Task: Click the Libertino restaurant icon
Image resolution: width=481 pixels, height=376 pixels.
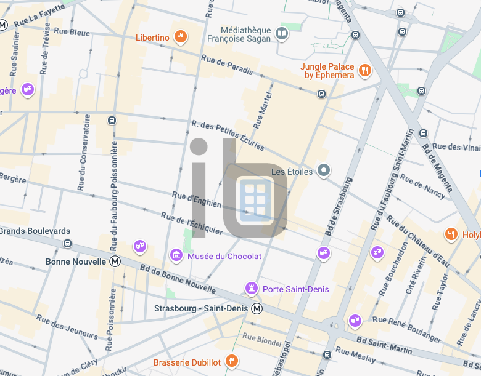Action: point(181,38)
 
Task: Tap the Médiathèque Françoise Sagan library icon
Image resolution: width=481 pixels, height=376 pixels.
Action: point(282,33)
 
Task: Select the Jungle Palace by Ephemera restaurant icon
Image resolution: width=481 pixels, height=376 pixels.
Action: point(365,70)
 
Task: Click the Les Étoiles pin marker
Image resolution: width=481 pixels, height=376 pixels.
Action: point(324,171)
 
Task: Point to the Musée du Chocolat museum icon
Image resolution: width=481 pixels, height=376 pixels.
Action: point(176,255)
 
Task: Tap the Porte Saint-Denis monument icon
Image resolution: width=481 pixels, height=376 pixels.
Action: point(252,289)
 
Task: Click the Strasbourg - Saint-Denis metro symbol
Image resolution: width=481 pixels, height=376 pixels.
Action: point(257,308)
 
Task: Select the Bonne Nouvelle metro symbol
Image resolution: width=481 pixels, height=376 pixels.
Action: point(115,262)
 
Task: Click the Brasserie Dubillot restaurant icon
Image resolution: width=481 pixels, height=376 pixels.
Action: point(232,362)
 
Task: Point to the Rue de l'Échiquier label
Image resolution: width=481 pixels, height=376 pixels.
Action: point(192,223)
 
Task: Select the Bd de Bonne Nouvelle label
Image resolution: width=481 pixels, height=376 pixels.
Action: point(178,278)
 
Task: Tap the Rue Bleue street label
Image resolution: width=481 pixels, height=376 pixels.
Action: point(72,32)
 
